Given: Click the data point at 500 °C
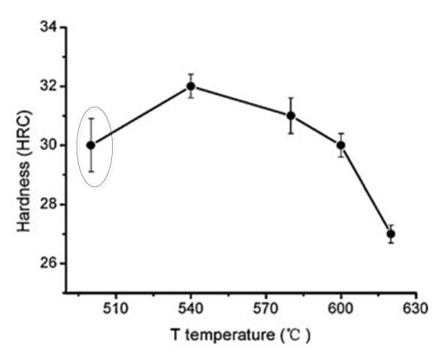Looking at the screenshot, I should point(91,145).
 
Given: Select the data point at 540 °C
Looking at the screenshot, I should point(191,86).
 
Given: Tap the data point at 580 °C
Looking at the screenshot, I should point(291,116).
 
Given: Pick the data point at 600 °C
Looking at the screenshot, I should point(341,145).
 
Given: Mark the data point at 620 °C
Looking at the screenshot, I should point(391,234).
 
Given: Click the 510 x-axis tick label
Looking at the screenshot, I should point(116,310).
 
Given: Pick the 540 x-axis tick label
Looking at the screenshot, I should point(191,310).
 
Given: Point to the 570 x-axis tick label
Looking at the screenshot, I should point(266,310).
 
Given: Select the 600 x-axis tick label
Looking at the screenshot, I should point(341,310).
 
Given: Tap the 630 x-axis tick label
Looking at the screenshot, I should point(416,310).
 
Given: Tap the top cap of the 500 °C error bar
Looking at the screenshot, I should point(91,119).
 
